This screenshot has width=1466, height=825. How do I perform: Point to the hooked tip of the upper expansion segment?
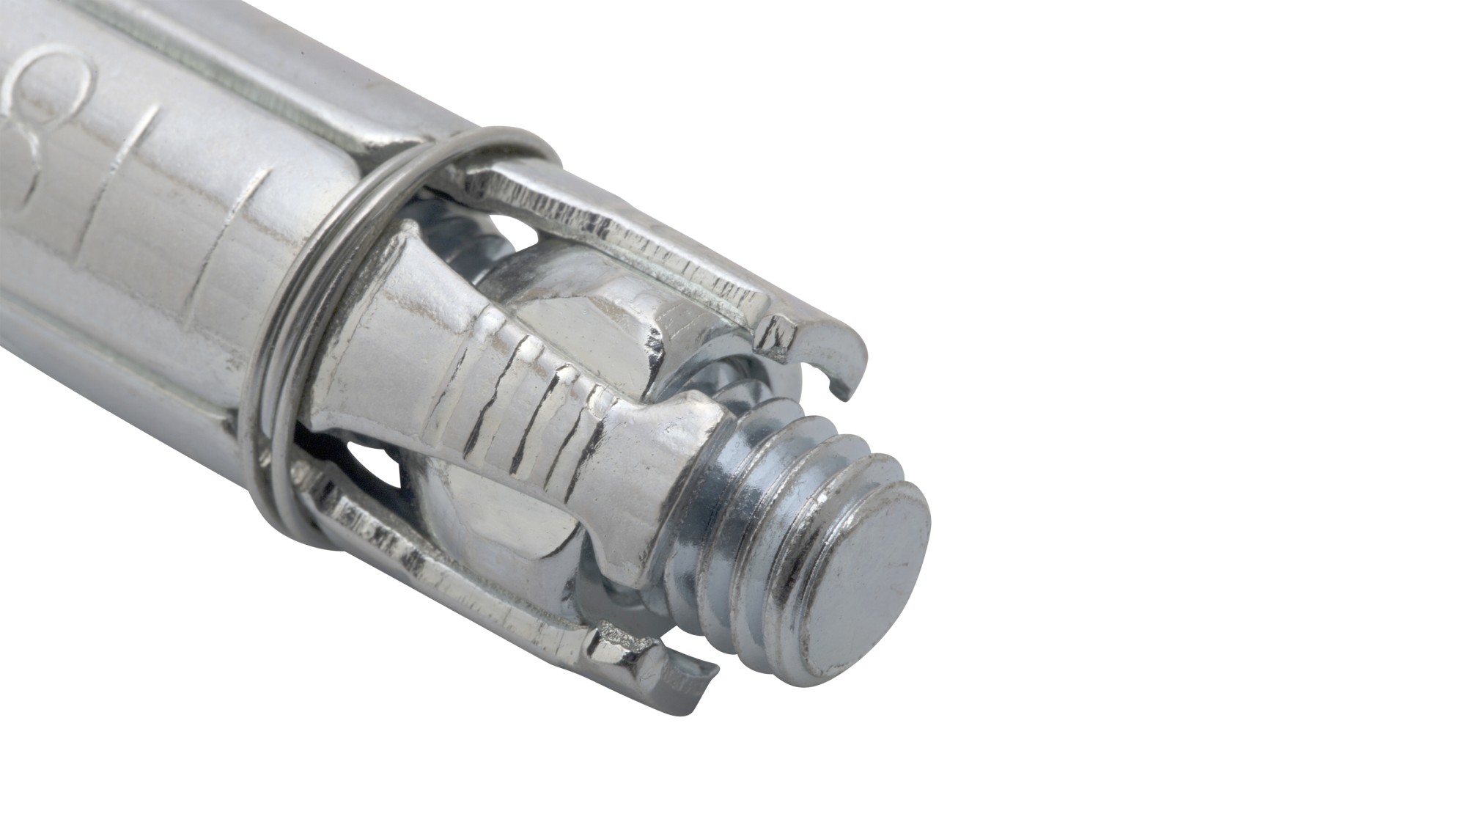tap(843, 352)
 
